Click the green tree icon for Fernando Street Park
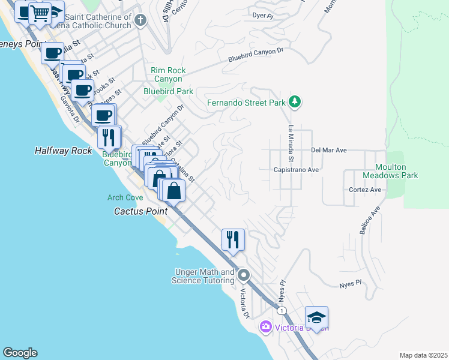coord(295,102)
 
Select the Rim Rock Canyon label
coord(168,74)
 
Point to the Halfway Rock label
coord(63,151)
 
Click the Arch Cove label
coord(125,197)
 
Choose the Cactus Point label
coord(140,211)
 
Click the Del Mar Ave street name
coord(329,150)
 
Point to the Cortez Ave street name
coord(365,190)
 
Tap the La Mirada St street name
coord(291,143)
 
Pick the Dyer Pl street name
coord(262,14)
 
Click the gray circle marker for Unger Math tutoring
coord(244,276)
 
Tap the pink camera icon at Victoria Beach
coord(265,327)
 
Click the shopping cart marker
coord(40,13)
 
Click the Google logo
coord(20,353)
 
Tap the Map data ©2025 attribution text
coord(423,355)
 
